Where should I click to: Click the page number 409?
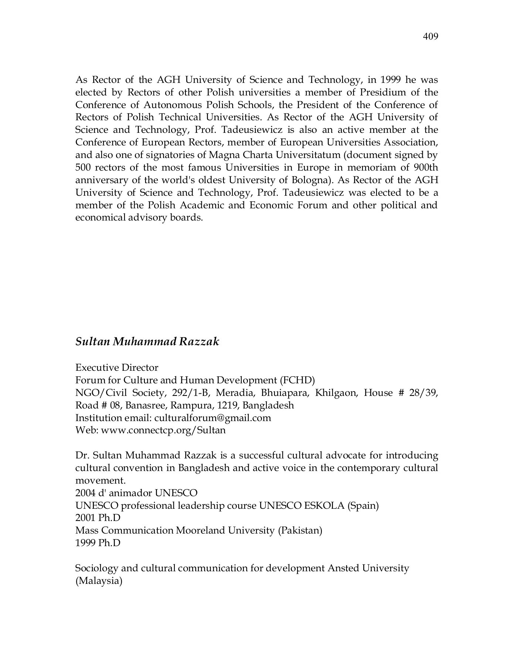[x=430, y=36]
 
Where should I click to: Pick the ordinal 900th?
[x=426, y=168]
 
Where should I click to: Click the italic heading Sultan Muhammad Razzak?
[x=147, y=342]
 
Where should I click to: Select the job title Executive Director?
[x=117, y=368]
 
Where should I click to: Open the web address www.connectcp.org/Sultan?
[x=163, y=431]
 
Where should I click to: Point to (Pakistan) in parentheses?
[x=300, y=531]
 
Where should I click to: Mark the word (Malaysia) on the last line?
[x=99, y=581]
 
